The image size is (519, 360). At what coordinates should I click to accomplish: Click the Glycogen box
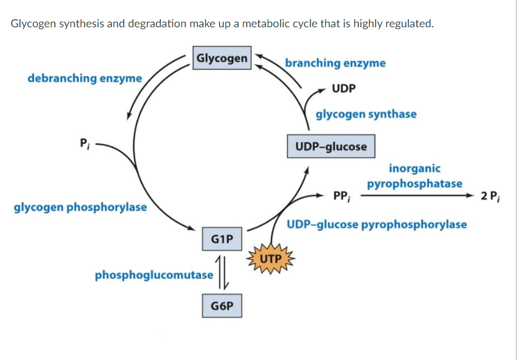pyautogui.click(x=222, y=58)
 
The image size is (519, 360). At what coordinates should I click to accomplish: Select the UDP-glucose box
pyautogui.click(x=331, y=147)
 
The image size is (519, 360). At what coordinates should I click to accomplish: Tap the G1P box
pyautogui.click(x=222, y=239)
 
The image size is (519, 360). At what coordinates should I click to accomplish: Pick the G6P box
pyautogui.click(x=222, y=306)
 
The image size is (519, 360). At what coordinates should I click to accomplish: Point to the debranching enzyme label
pyautogui.click(x=85, y=78)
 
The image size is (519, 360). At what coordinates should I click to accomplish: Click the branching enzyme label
pyautogui.click(x=335, y=63)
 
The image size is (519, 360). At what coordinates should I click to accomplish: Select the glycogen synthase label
pyautogui.click(x=366, y=114)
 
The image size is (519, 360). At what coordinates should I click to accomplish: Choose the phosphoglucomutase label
pyautogui.click(x=154, y=274)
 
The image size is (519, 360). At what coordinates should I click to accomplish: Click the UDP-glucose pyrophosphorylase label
pyautogui.click(x=377, y=224)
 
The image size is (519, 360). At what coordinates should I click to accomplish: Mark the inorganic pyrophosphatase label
pyautogui.click(x=414, y=176)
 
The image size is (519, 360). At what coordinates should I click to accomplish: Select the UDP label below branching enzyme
pyautogui.click(x=344, y=88)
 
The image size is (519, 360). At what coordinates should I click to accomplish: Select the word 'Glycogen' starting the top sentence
pyautogui.click(x=33, y=24)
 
